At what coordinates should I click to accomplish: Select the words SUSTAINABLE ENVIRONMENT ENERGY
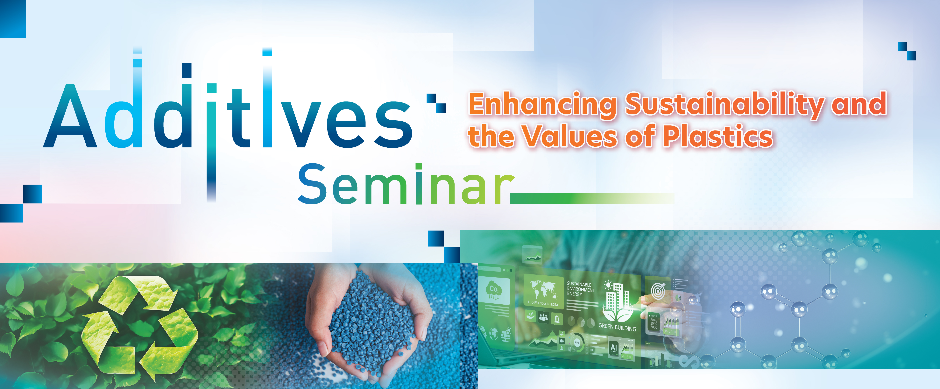(x=580, y=289)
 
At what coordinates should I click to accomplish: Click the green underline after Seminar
(x=591, y=198)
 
